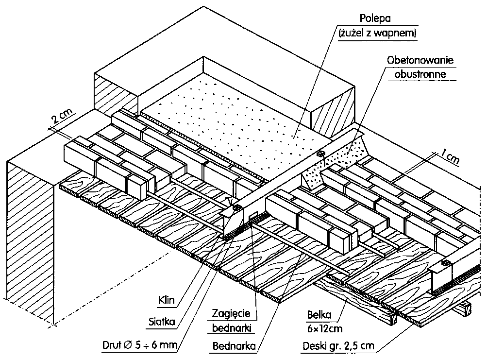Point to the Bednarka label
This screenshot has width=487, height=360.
(235, 346)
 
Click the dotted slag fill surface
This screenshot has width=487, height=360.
(243, 112)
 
